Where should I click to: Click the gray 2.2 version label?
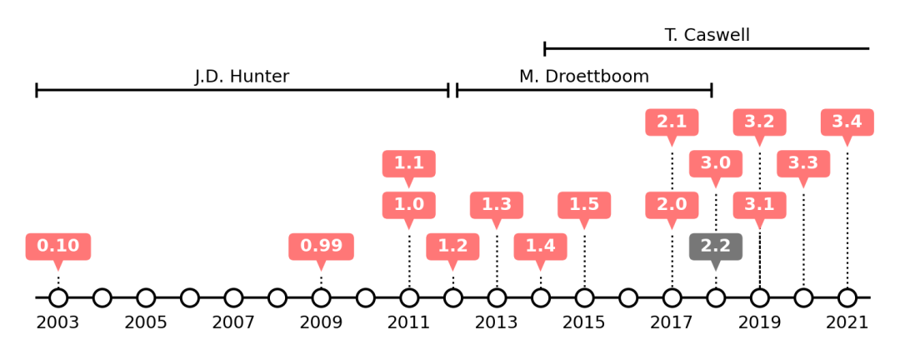coord(715,247)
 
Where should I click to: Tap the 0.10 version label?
coord(58,247)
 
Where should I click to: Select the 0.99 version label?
coord(321,247)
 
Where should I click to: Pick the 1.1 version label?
coord(408,163)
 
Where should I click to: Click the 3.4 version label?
coord(847,122)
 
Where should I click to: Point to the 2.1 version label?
coord(672,122)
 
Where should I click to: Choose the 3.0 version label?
coord(715,163)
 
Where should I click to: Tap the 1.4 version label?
coord(540,247)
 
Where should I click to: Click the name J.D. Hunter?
coord(242,77)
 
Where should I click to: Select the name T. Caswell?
coord(707,35)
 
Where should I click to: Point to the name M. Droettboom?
coord(583,77)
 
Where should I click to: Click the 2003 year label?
coord(58,322)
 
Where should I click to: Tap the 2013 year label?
coord(497,322)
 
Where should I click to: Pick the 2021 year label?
coord(847,322)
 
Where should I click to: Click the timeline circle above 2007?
coord(233,297)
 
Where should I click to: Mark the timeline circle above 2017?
coord(672,297)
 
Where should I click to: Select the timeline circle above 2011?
coord(409,297)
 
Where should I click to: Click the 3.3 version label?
coord(803,163)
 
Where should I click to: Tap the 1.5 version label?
coord(584,205)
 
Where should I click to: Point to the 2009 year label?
coord(321,322)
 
